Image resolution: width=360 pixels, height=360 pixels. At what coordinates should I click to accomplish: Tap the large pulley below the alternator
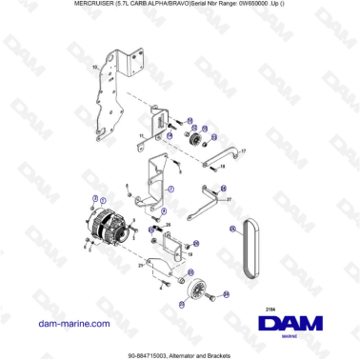pos(198,290)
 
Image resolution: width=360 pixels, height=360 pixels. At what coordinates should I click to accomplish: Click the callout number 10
pos(94,68)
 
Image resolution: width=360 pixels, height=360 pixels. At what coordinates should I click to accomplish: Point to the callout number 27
pos(230,199)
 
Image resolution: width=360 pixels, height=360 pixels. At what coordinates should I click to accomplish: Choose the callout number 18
pos(223,167)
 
